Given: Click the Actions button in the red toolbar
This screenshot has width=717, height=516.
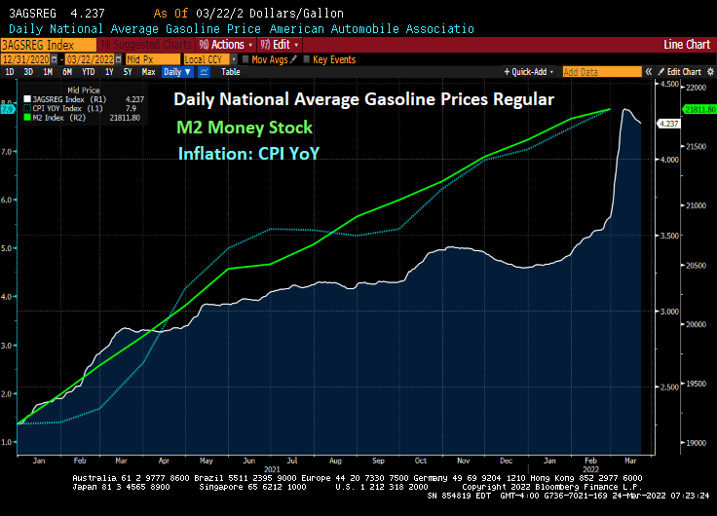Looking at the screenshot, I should pyautogui.click(x=225, y=45).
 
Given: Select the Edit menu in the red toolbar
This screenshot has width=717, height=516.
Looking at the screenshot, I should pyautogui.click(x=279, y=45).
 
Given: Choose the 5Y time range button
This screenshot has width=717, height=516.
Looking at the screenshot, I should pyautogui.click(x=129, y=72).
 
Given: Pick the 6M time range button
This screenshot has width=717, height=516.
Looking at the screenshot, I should pyautogui.click(x=67, y=72).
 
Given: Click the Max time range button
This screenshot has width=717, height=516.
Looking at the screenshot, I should pyautogui.click(x=148, y=72).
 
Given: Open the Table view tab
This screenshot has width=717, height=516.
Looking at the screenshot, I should pyautogui.click(x=230, y=72).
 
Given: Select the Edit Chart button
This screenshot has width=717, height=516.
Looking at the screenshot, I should pyautogui.click(x=683, y=72).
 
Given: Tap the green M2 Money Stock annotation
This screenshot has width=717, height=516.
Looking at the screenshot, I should pyautogui.click(x=245, y=128).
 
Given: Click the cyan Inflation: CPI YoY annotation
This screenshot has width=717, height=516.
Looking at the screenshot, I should pyautogui.click(x=248, y=152).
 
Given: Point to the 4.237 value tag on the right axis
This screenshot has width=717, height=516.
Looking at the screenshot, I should pyautogui.click(x=669, y=124).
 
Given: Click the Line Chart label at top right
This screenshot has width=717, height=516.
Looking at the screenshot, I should pyautogui.click(x=686, y=45).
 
